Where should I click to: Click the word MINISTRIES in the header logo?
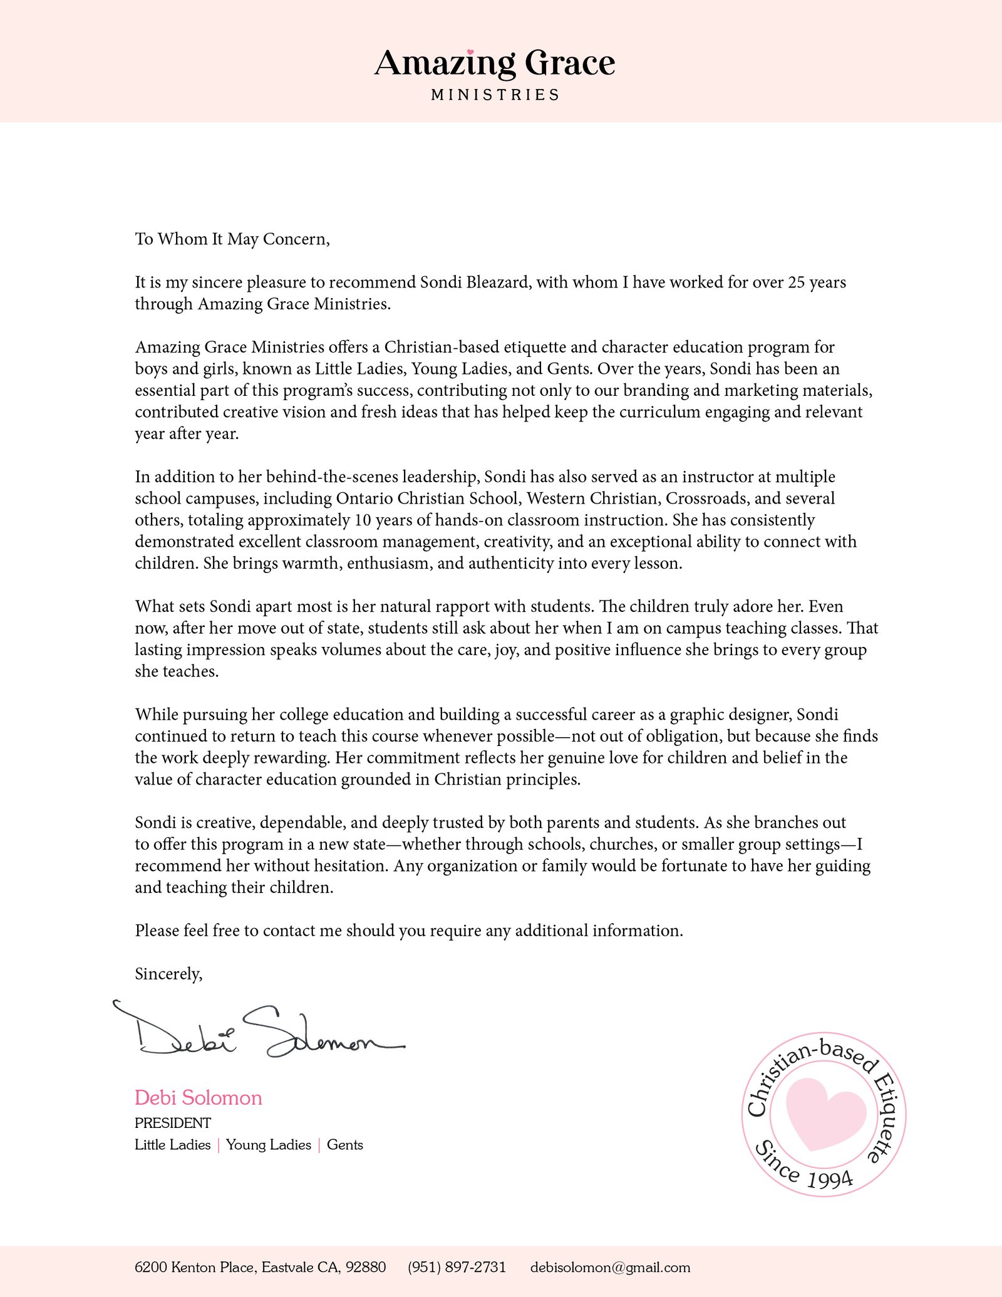pyautogui.click(x=495, y=95)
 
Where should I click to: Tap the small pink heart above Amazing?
pyautogui.click(x=471, y=53)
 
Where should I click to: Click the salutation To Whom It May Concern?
pyautogui.click(x=232, y=239)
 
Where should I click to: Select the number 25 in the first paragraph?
pyautogui.click(x=796, y=282)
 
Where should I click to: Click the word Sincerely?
pyautogui.click(x=168, y=974)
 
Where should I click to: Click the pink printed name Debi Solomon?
pyautogui.click(x=198, y=1098)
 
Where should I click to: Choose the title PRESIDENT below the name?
pyautogui.click(x=173, y=1123)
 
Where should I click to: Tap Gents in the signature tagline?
pyautogui.click(x=345, y=1145)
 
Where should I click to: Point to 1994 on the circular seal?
pyautogui.click(x=830, y=1180)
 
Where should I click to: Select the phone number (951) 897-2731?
pyautogui.click(x=457, y=1268)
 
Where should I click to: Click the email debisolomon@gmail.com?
pyautogui.click(x=610, y=1268)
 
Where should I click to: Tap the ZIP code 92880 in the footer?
pyautogui.click(x=366, y=1268)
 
